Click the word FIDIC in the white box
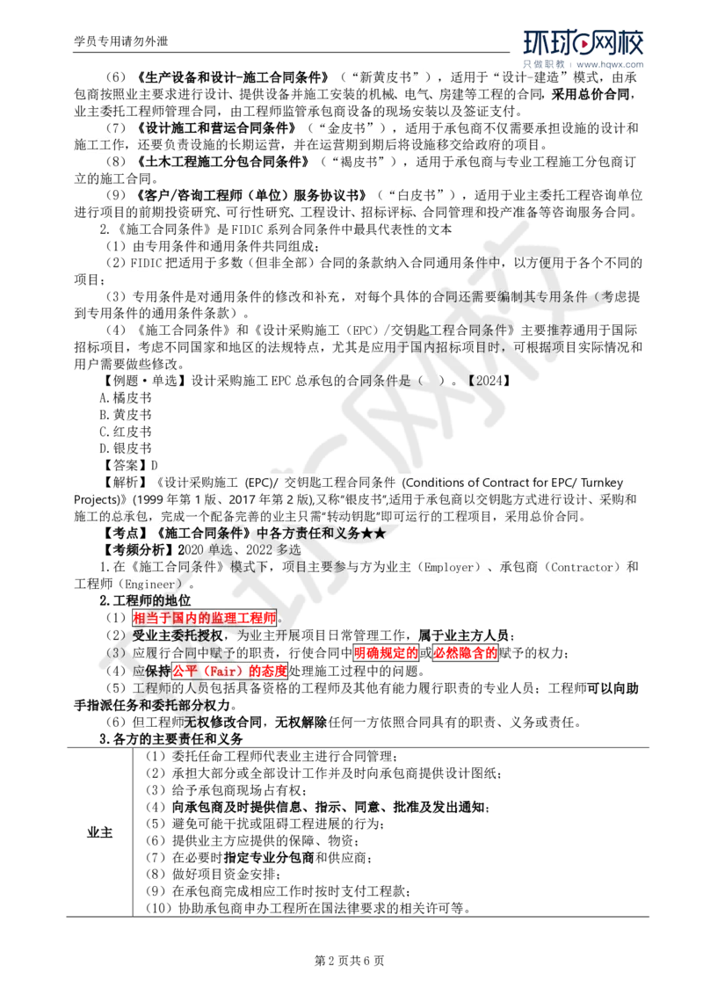[147, 263]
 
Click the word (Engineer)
[151, 584]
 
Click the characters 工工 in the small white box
[98, 146]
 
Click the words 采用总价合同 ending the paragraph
[545, 517]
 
